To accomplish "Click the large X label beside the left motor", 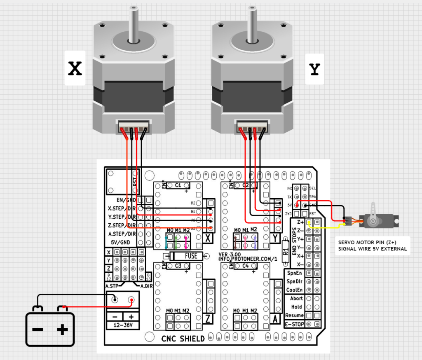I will tap(75, 68).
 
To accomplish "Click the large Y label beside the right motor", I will tap(314, 70).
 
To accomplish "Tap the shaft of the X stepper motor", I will tap(133, 23).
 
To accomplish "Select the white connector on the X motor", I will tap(133, 126).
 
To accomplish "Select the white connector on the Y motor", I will tap(251, 126).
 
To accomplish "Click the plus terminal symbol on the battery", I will tap(62, 329).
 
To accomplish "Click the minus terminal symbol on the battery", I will tap(38, 329).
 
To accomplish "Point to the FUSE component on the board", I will tap(191, 256).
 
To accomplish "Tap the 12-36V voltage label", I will tap(122, 325).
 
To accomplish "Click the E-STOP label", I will tap(294, 324).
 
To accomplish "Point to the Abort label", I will tap(296, 298).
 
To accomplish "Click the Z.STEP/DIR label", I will tap(122, 225).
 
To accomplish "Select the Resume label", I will tap(294, 315).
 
